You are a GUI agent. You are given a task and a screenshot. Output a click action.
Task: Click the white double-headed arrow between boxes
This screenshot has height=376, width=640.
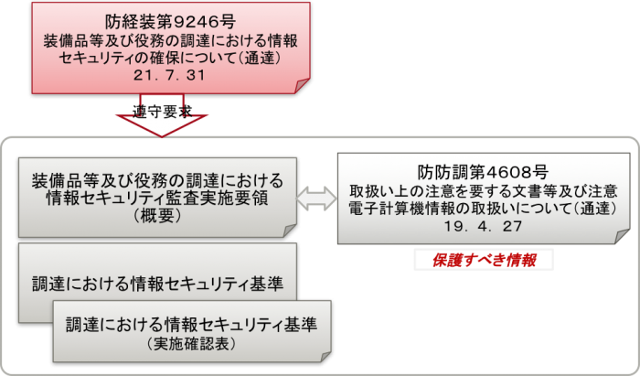[316, 196]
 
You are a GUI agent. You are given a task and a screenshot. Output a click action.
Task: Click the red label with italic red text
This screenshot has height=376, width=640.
[484, 259]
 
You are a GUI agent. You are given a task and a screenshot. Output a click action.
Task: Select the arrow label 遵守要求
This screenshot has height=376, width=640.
[163, 111]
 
